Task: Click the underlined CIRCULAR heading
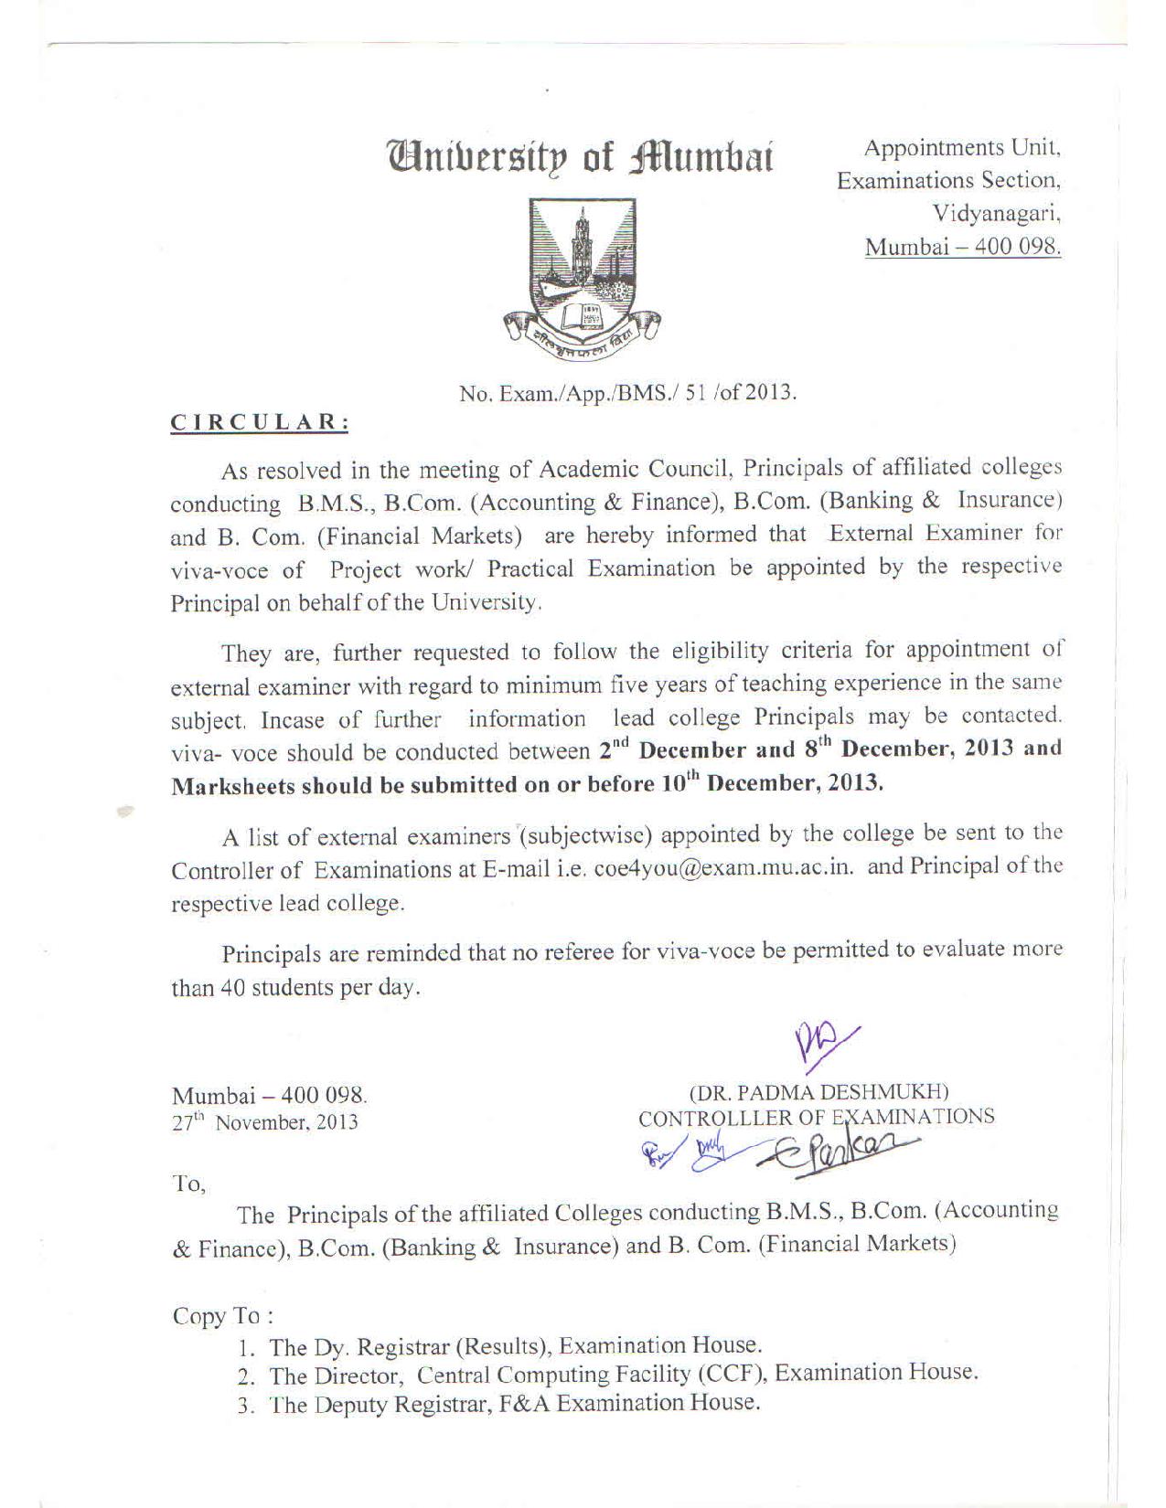tap(261, 422)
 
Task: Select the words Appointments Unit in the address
tap(961, 148)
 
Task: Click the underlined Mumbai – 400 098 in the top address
tap(963, 248)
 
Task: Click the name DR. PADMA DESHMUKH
tap(818, 1092)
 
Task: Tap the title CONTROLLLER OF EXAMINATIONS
tap(816, 1117)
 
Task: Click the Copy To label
tap(222, 1316)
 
